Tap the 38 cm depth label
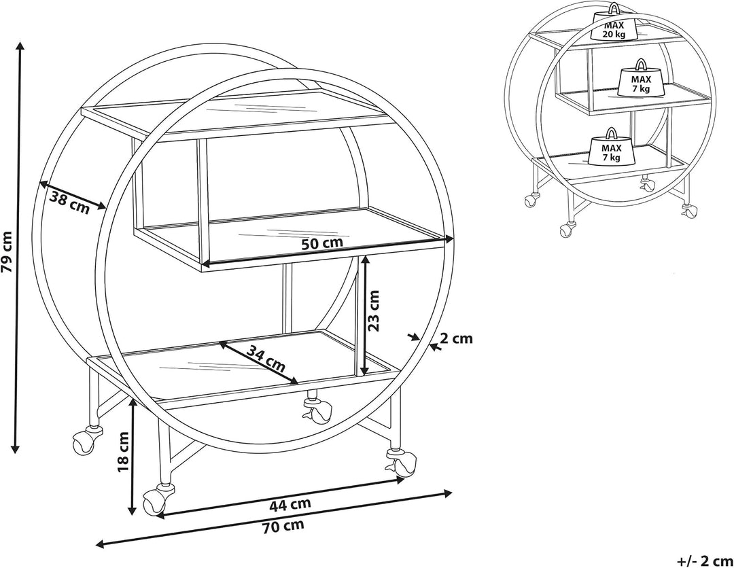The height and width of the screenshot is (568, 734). click(69, 202)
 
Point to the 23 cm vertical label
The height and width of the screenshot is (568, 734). click(373, 310)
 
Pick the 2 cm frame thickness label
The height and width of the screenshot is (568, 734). click(457, 338)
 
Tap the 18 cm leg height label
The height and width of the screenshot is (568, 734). click(123, 452)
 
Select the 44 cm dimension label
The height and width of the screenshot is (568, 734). click(290, 504)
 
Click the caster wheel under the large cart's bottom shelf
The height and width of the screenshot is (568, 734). click(317, 408)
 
